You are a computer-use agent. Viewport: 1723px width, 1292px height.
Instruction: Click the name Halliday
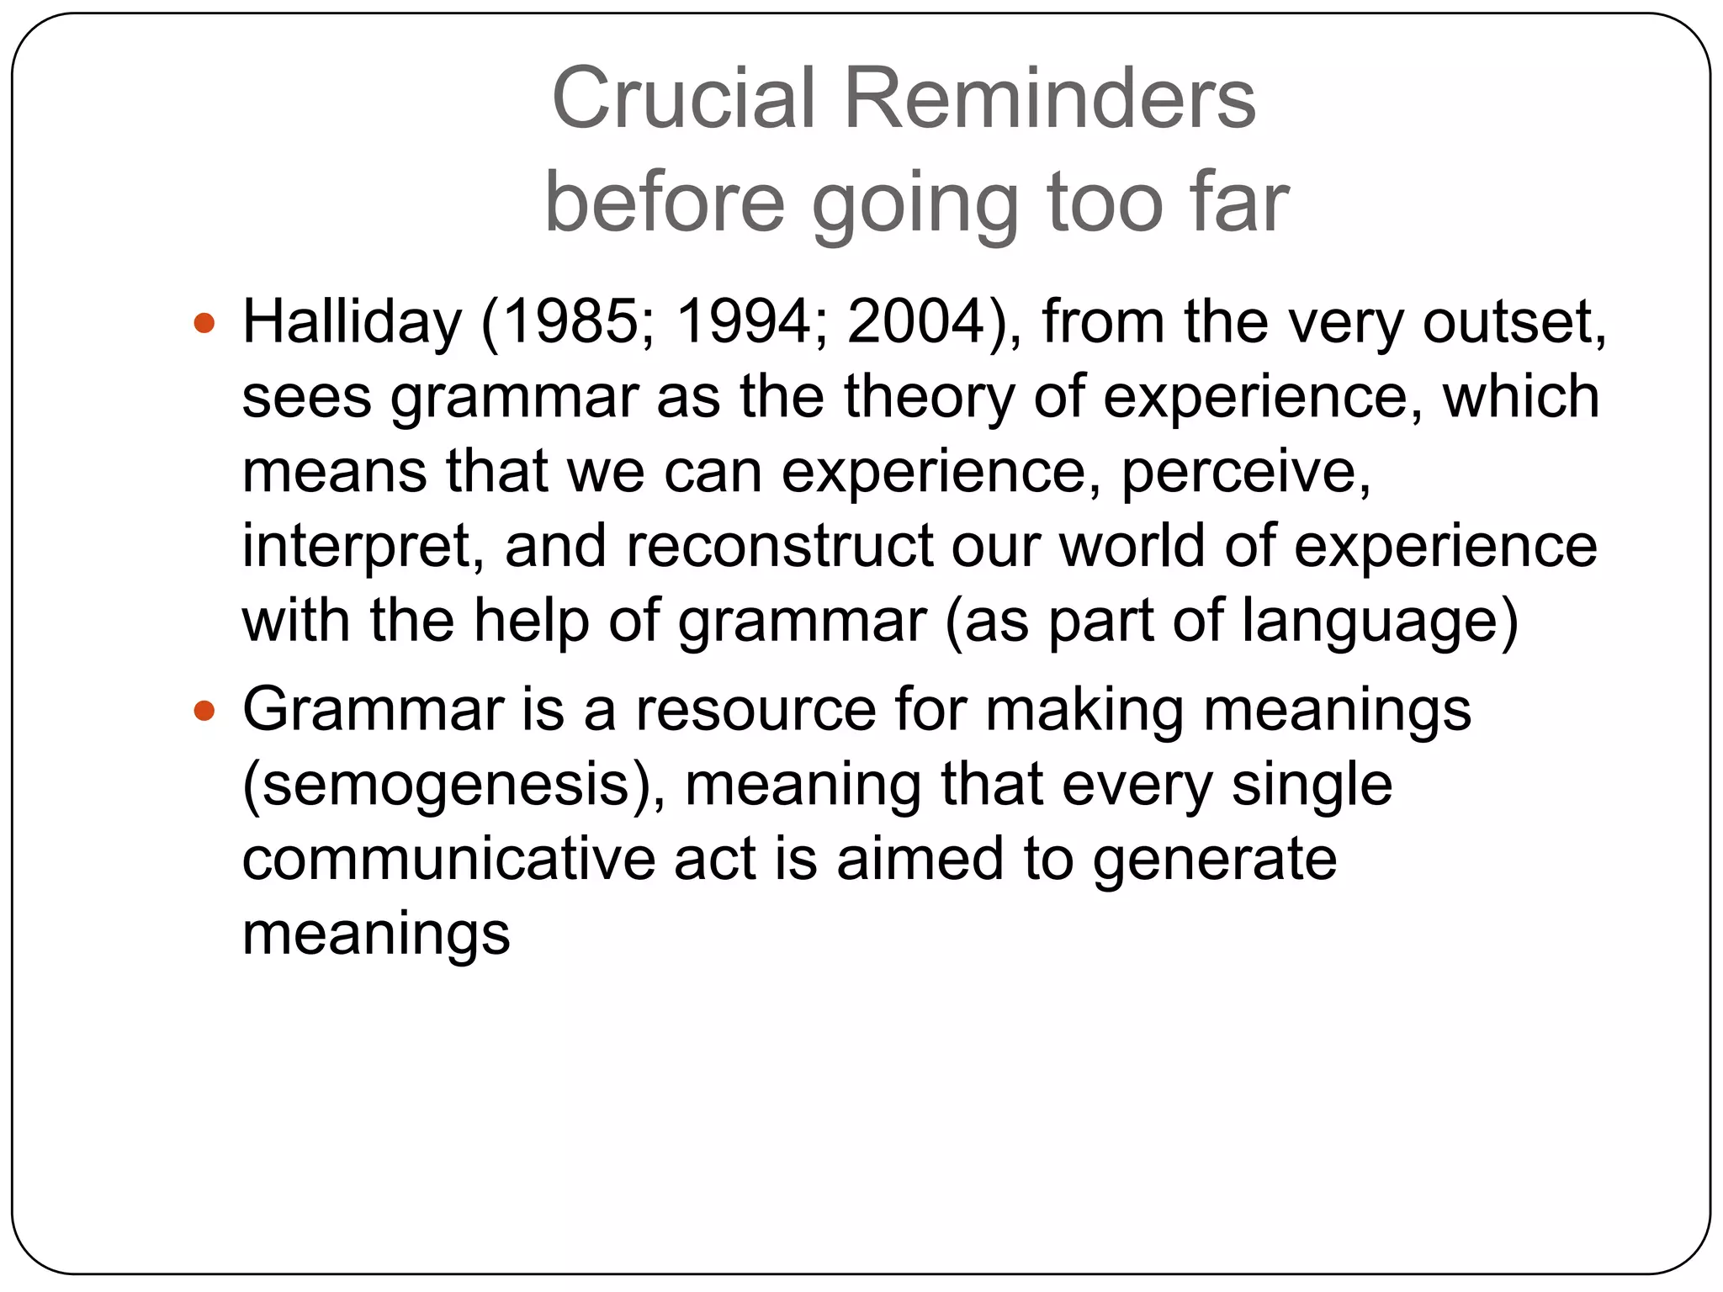click(352, 322)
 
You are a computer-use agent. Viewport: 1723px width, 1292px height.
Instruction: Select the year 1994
click(743, 322)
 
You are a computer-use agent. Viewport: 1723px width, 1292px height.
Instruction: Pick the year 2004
click(916, 322)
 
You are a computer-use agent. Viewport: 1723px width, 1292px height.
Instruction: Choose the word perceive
click(1245, 472)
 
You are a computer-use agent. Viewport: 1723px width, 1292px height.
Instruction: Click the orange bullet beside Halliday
click(204, 323)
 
